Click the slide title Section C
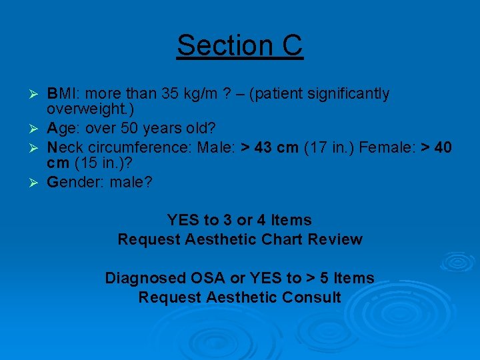pyautogui.click(x=239, y=45)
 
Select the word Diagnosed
pyautogui.click(x=145, y=278)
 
